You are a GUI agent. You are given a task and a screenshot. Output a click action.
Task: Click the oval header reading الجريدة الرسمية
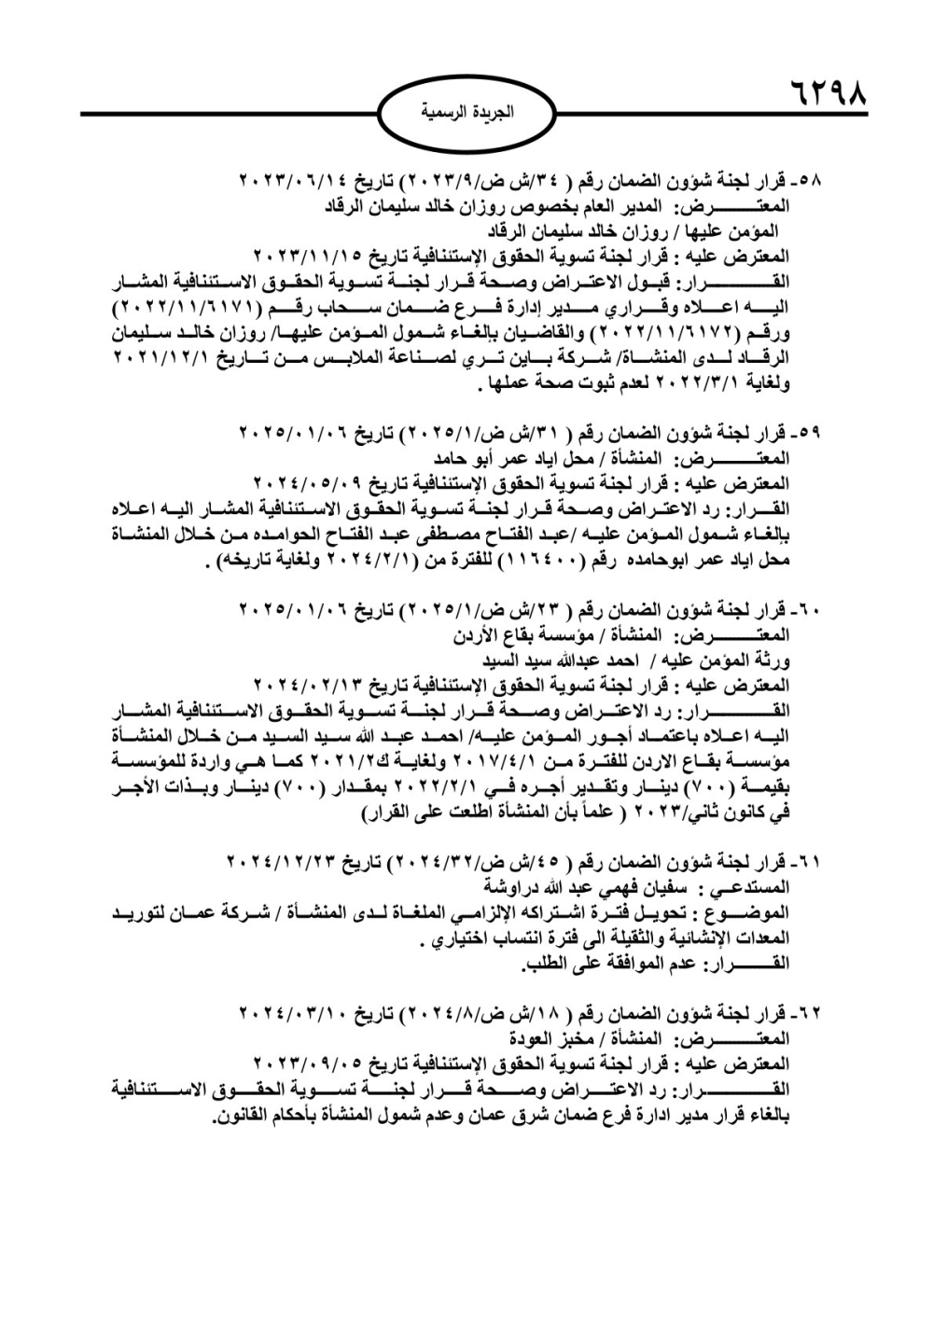466,113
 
